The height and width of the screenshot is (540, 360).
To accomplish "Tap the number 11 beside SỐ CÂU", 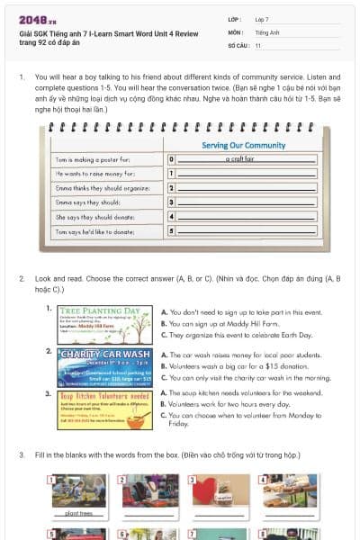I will pos(258,44).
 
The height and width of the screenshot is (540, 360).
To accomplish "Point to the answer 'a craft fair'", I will pos(243,158).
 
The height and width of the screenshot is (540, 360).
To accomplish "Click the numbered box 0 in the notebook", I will pos(171,158).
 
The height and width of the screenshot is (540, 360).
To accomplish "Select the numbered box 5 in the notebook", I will pos(171,231).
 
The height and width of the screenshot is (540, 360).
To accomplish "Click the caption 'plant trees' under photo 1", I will pos(79,513).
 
